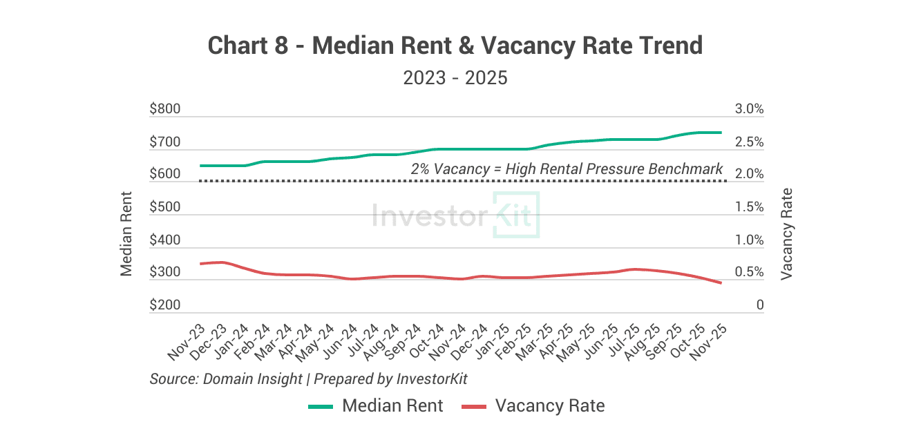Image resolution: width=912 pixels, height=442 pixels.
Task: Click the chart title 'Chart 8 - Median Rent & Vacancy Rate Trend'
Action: click(455, 46)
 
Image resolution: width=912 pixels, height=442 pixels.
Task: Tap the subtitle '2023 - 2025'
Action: click(455, 77)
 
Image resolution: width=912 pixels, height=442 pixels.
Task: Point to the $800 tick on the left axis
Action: click(164, 109)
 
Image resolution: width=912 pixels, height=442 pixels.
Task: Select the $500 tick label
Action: click(164, 207)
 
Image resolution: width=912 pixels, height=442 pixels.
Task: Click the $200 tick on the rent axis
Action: click(164, 305)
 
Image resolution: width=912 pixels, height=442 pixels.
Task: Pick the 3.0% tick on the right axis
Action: click(750, 109)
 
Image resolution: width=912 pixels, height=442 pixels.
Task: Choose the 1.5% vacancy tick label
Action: click(750, 207)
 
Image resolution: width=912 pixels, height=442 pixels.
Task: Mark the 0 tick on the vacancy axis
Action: click(759, 305)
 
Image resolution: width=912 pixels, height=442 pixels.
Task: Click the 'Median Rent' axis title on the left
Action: click(126, 233)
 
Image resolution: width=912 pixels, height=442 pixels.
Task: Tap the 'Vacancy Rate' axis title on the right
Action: click(786, 233)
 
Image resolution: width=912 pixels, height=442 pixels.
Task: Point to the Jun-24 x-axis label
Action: click(341, 343)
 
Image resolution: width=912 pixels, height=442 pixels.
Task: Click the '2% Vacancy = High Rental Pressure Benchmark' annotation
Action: click(567, 169)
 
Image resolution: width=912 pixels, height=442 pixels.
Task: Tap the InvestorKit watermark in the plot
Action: click(455, 215)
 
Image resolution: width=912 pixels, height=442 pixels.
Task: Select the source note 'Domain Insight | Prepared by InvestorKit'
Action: click(309, 378)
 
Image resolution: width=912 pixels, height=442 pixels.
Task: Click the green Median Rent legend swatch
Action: click(321, 406)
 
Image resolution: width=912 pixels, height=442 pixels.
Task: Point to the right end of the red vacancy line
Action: click(721, 283)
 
